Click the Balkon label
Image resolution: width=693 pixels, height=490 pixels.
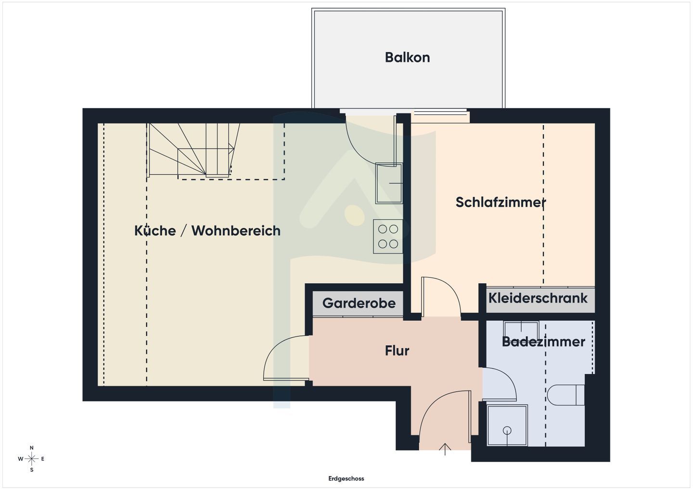407,58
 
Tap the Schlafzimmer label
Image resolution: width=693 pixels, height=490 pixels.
500,202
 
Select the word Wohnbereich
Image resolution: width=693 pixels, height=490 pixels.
236,231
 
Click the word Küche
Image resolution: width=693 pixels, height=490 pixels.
155,231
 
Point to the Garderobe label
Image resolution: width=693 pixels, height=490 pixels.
359,303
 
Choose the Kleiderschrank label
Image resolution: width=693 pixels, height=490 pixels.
538,298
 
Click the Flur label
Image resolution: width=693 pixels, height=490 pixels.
397,351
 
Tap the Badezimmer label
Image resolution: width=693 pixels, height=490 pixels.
543,341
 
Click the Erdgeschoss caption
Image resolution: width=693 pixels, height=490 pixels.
346,478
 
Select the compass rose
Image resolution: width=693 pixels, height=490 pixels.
31,459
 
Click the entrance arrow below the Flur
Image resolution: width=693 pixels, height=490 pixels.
445,449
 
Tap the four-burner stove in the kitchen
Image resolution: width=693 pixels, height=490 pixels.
388,237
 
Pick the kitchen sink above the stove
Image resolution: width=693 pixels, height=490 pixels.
389,183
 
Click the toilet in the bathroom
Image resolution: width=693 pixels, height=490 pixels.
565,395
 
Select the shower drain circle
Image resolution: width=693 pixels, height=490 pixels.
507,430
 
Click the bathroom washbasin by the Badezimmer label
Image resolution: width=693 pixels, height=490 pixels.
521,330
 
